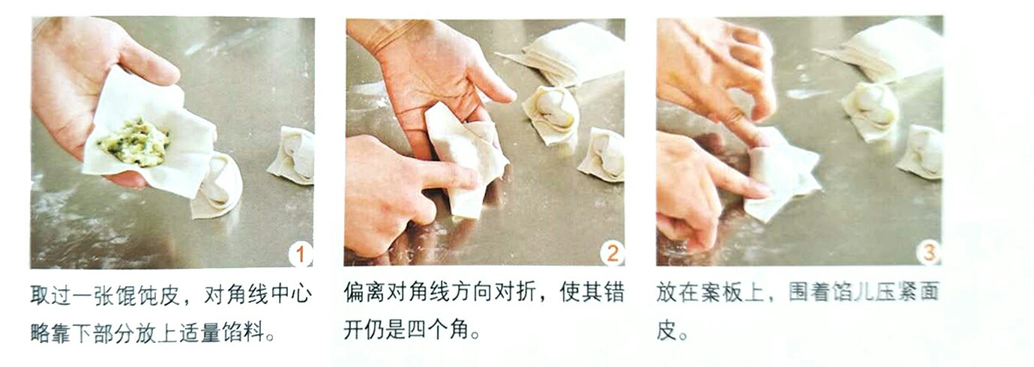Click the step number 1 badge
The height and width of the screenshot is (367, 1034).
pos(300,255)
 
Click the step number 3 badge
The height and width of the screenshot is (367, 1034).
pos(928,253)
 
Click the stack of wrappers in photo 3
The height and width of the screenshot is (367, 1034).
pos(885,49)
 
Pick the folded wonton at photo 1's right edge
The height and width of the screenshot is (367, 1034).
pos(292,154)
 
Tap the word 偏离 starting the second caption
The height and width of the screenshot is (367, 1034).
pos(363,293)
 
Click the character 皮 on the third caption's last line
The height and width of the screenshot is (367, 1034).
pos(665,330)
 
